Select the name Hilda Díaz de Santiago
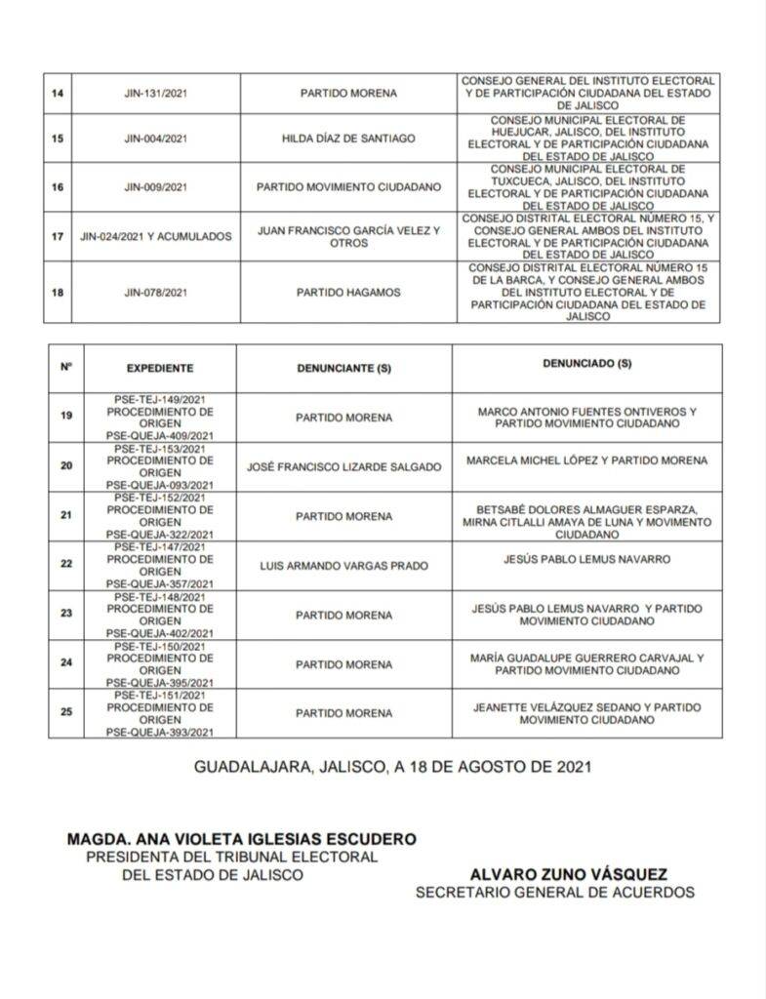pos(348,139)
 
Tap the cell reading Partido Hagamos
pos(348,292)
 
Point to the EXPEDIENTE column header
pos(159,369)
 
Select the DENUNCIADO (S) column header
pos(586,364)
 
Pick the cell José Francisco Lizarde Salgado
pos(343,466)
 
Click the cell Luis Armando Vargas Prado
pos(343,565)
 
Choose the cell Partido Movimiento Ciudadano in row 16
pos(348,186)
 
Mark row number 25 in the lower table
pos(66,712)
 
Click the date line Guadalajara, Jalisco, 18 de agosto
pos(392,767)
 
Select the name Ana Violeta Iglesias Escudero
pos(241,839)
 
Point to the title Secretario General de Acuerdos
pos(554,893)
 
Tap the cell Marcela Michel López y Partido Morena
pos(586,460)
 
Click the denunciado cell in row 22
pos(586,559)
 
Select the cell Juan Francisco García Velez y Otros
pos(348,236)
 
